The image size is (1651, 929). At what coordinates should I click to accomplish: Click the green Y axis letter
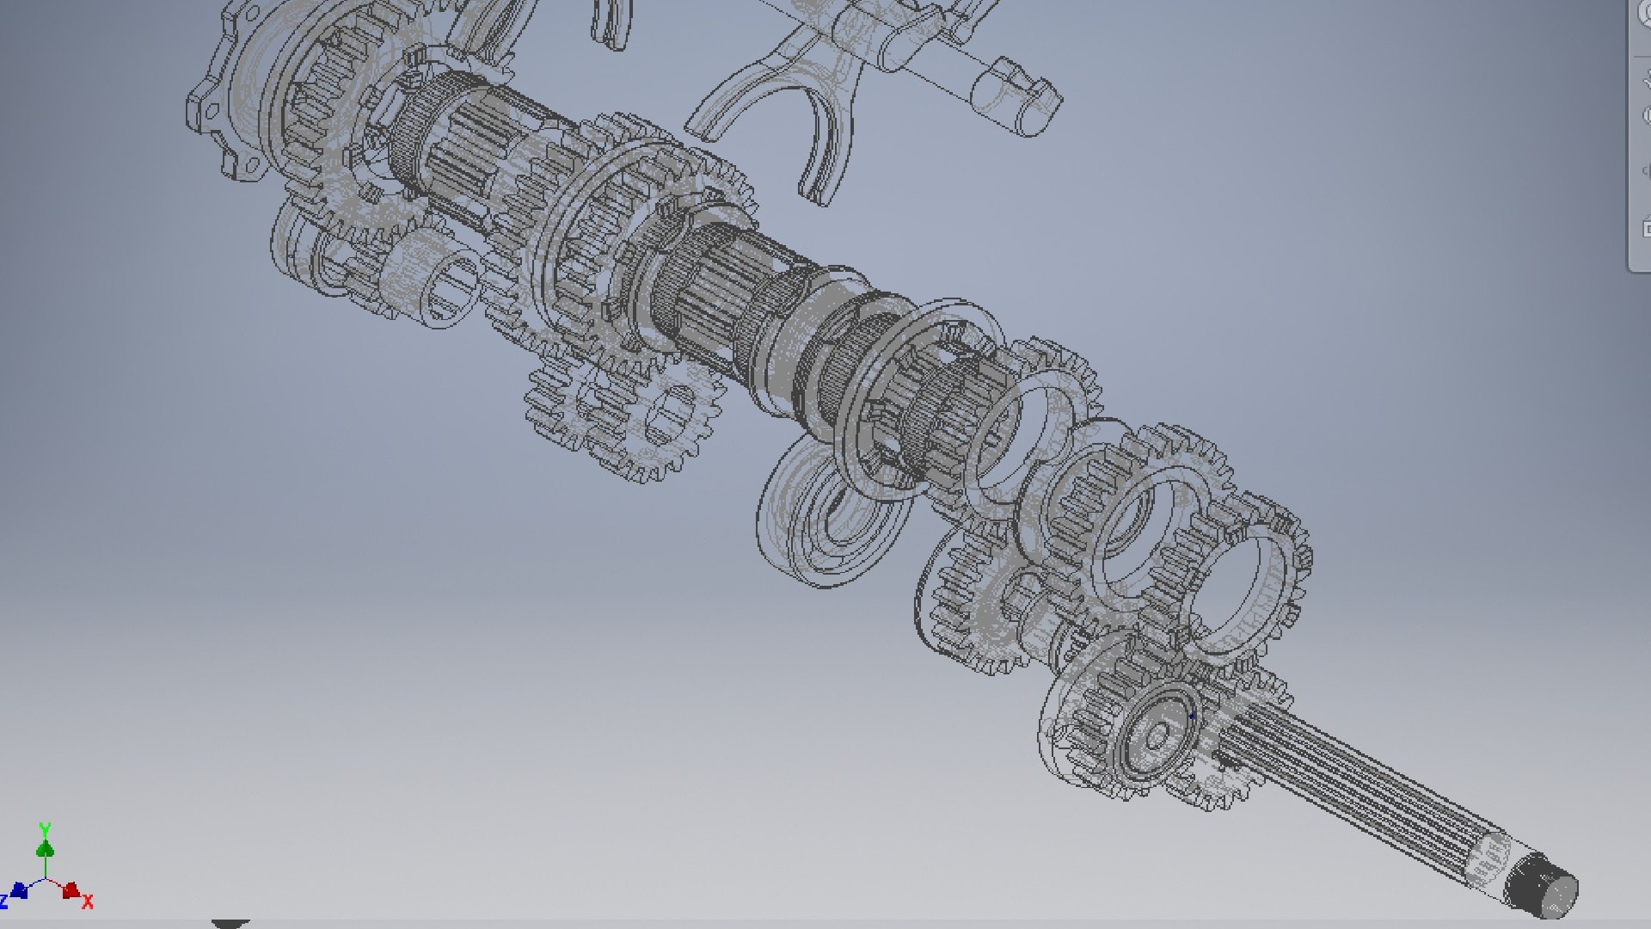(x=45, y=829)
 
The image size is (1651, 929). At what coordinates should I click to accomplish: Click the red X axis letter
(x=88, y=901)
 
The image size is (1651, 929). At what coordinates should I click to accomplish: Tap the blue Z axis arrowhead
(x=19, y=890)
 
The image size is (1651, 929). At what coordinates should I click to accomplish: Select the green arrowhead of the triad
(x=45, y=849)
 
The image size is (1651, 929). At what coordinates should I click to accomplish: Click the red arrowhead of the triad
(x=71, y=889)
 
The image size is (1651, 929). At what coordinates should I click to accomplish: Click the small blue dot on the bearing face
(x=1192, y=716)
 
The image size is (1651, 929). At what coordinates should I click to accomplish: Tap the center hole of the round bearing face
(x=1157, y=736)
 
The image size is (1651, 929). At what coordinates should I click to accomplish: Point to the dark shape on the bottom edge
(x=229, y=923)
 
